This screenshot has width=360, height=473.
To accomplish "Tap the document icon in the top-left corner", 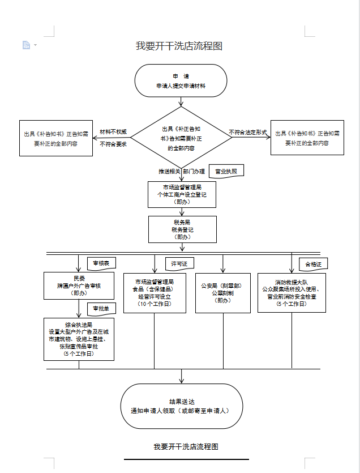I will click(x=26, y=45).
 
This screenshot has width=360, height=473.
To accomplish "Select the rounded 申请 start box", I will click(x=181, y=80).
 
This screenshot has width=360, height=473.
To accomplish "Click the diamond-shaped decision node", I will click(x=181, y=138).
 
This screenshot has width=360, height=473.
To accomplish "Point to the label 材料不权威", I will click(x=113, y=132).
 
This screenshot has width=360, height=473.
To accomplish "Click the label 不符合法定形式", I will click(x=248, y=132).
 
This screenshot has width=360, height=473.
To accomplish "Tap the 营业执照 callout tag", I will click(x=226, y=171).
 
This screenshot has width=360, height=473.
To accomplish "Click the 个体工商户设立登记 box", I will click(x=182, y=195).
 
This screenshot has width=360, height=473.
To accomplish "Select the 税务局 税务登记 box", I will click(x=182, y=229).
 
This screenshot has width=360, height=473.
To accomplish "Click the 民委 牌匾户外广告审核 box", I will click(x=79, y=285).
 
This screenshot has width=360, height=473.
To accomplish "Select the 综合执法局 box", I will click(x=79, y=339).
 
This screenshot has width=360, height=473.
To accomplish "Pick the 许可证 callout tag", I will click(x=179, y=263).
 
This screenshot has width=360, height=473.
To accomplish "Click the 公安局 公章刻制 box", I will click(x=222, y=293).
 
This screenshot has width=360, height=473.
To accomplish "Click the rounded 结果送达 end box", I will click(x=182, y=406).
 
